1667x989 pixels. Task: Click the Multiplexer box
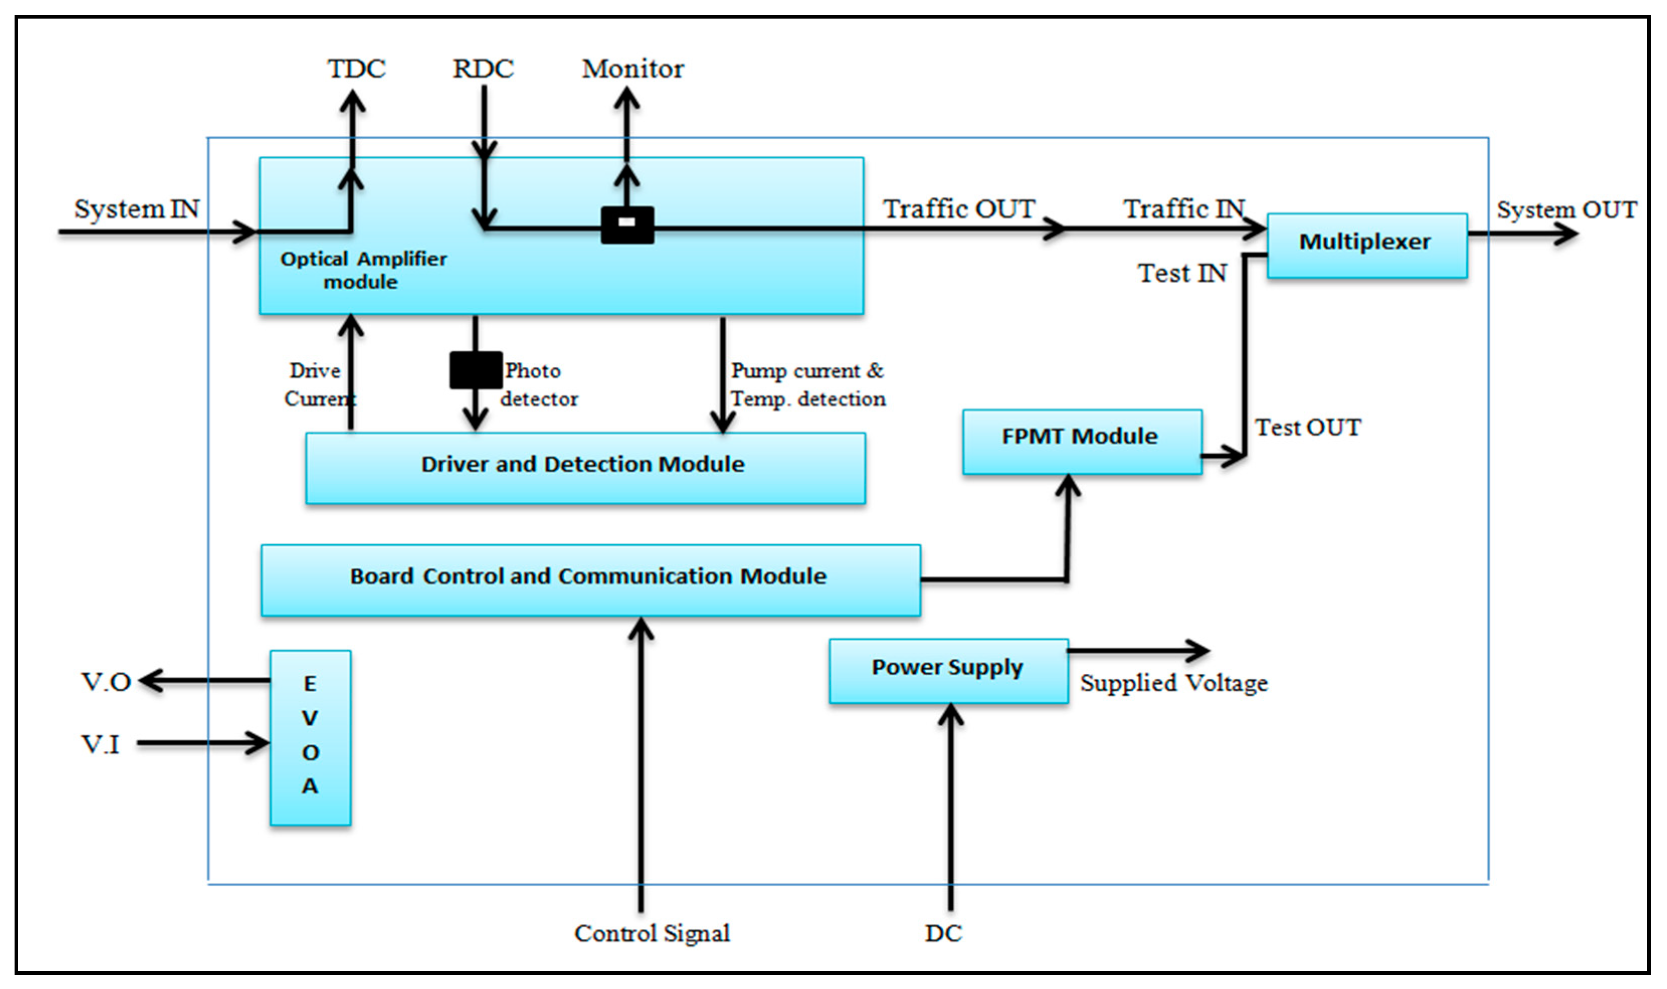(1366, 245)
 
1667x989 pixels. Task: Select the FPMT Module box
(1082, 441)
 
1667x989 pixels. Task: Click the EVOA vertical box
(311, 737)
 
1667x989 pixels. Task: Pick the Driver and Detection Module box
(584, 468)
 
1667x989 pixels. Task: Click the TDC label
(356, 69)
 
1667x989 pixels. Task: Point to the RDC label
(483, 69)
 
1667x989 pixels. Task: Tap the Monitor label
(632, 69)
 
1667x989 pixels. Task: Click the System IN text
(137, 209)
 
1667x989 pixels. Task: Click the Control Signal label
(652, 933)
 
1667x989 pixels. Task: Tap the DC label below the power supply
(943, 933)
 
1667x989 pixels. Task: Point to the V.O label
(105, 682)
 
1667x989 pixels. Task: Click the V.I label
(100, 744)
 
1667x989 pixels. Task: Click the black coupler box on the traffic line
(627, 225)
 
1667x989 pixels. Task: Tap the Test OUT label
(1307, 427)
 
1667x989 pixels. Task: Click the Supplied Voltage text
(1173, 683)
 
